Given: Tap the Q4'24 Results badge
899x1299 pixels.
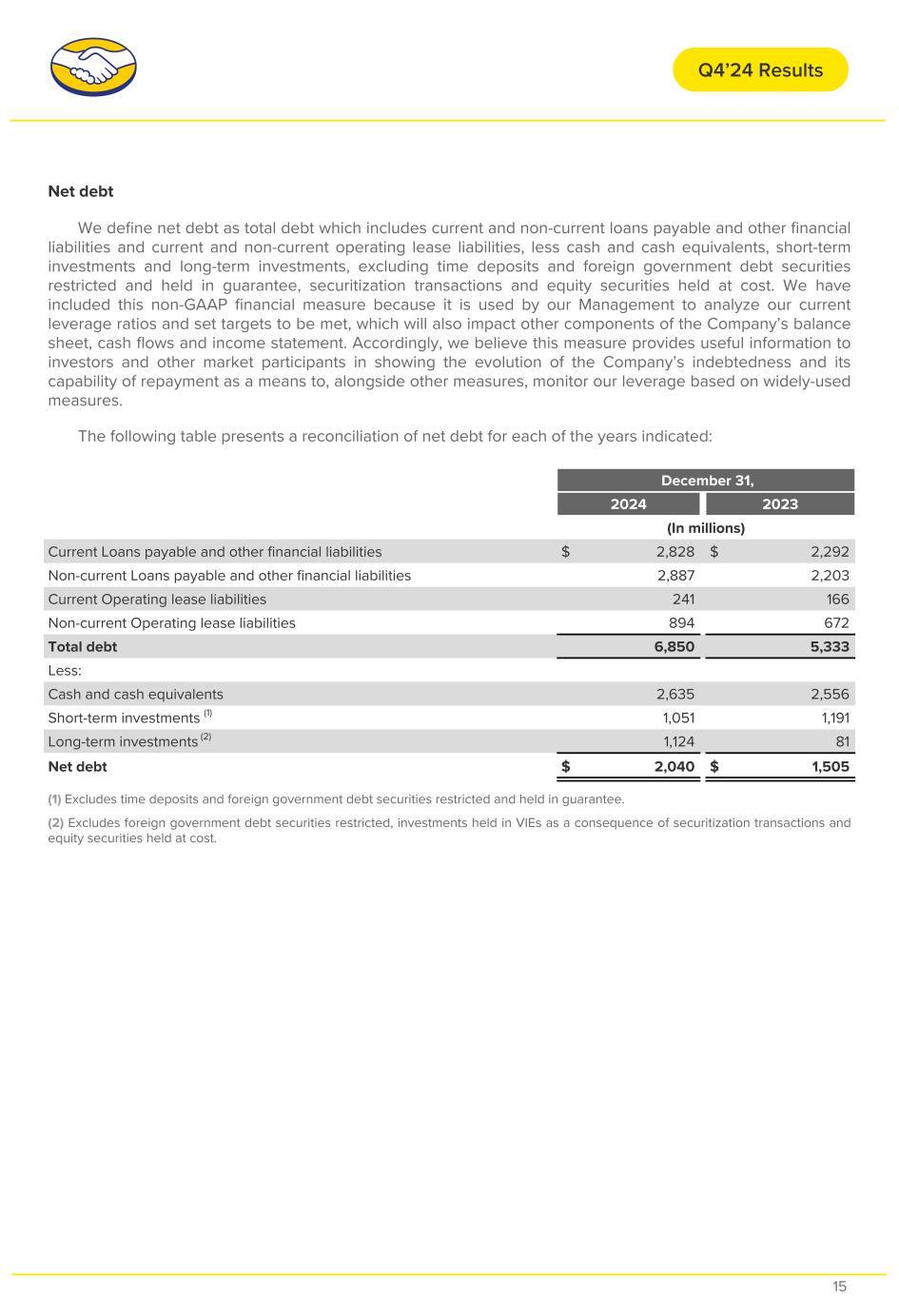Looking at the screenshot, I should (760, 69).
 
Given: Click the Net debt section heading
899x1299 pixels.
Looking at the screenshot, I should (81, 191).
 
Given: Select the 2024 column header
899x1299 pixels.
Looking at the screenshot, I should (628, 504).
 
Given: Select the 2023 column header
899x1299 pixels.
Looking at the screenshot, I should (780, 504).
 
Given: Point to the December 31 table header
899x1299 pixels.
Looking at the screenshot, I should (706, 481).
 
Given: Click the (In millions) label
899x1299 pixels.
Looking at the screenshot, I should (706, 528).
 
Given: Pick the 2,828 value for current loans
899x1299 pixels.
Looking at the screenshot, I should (674, 552).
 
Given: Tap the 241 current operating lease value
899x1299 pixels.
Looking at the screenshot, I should (683, 600).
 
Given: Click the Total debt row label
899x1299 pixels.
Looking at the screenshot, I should (83, 647).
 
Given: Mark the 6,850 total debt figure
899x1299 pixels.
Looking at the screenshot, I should (673, 647).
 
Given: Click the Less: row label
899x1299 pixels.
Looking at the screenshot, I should (65, 671).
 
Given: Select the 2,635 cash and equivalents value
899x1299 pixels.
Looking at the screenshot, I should (674, 695).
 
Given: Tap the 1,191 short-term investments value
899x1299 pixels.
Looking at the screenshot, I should (831, 718).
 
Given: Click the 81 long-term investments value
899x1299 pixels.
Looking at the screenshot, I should (841, 742).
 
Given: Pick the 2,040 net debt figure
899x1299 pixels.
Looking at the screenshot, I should (673, 767).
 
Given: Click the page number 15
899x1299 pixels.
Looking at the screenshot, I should (839, 1287).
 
